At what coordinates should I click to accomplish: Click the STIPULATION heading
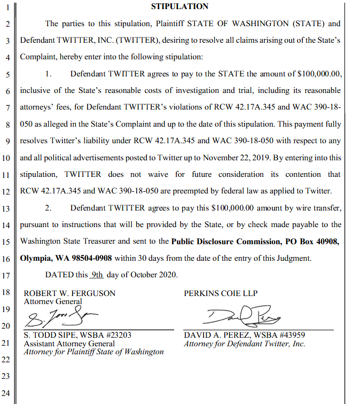coord(179,6)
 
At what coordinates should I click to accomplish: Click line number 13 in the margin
coord(6,208)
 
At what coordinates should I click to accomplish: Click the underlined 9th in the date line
coord(96,275)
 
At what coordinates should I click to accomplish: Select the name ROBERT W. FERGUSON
coord(69,293)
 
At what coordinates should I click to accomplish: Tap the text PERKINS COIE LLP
coord(221,293)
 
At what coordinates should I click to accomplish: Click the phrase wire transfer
coord(315,207)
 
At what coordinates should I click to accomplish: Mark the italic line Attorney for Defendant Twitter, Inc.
coord(245,344)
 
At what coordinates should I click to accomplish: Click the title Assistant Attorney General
coord(69,344)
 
